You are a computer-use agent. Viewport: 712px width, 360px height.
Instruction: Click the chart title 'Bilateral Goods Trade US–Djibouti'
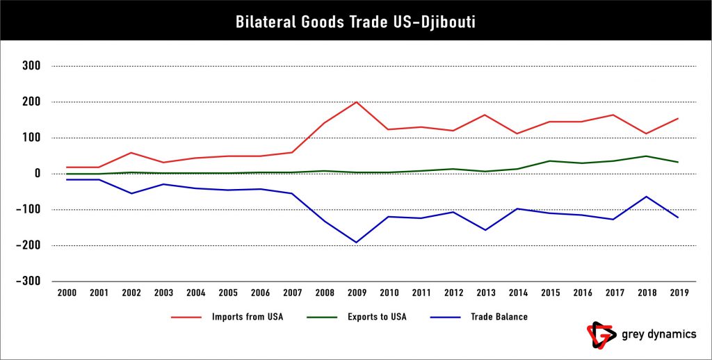click(x=355, y=22)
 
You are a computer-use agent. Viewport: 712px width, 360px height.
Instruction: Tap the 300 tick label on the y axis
click(x=32, y=66)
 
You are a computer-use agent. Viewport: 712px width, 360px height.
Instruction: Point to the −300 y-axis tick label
click(x=29, y=281)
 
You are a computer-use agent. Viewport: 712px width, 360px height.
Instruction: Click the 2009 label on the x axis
click(x=357, y=293)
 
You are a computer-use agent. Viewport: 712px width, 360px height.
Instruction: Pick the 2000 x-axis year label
click(x=66, y=293)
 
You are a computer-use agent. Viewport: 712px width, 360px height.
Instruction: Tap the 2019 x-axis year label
click(x=679, y=293)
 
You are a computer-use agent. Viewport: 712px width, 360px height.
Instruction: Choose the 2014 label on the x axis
click(x=518, y=293)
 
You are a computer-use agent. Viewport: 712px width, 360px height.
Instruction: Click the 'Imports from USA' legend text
click(x=247, y=317)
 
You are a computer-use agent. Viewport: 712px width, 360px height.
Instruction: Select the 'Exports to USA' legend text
click(x=377, y=317)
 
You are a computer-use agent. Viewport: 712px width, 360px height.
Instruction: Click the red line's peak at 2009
click(x=357, y=102)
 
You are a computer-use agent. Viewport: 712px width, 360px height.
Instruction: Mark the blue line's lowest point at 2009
click(x=357, y=243)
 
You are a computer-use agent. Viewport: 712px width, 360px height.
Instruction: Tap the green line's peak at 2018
click(x=647, y=156)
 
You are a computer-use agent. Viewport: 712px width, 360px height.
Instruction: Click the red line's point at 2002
click(x=131, y=152)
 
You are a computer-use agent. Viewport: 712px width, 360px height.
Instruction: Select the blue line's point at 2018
click(x=647, y=196)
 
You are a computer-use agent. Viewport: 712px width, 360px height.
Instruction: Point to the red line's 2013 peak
click(x=486, y=115)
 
